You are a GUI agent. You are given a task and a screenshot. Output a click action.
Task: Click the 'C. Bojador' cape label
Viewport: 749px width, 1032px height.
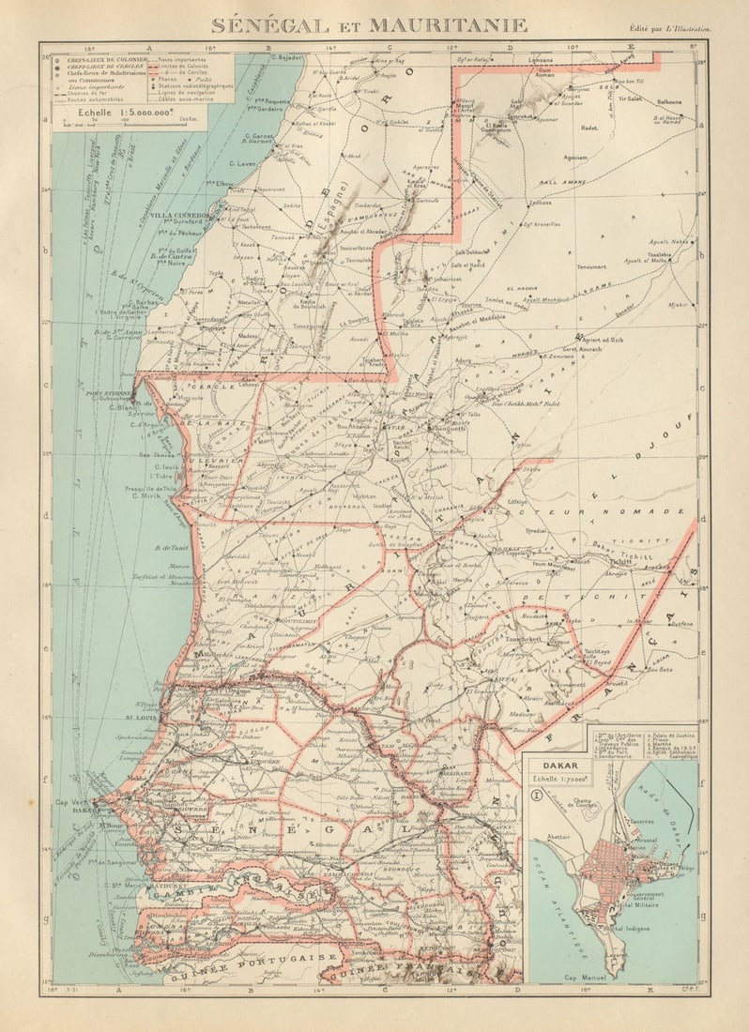pos(287,58)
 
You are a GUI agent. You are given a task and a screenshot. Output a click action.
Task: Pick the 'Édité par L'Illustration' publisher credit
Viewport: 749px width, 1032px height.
pos(670,29)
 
